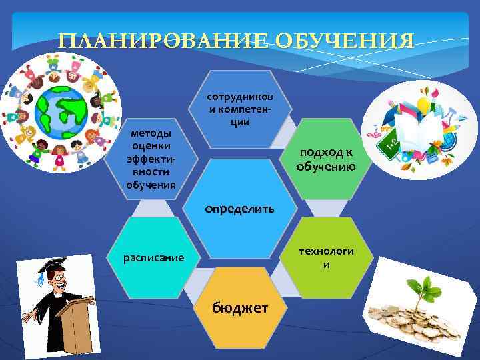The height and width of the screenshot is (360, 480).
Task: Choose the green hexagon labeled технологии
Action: click(x=327, y=257)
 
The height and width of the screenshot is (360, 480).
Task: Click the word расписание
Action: click(x=153, y=257)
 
